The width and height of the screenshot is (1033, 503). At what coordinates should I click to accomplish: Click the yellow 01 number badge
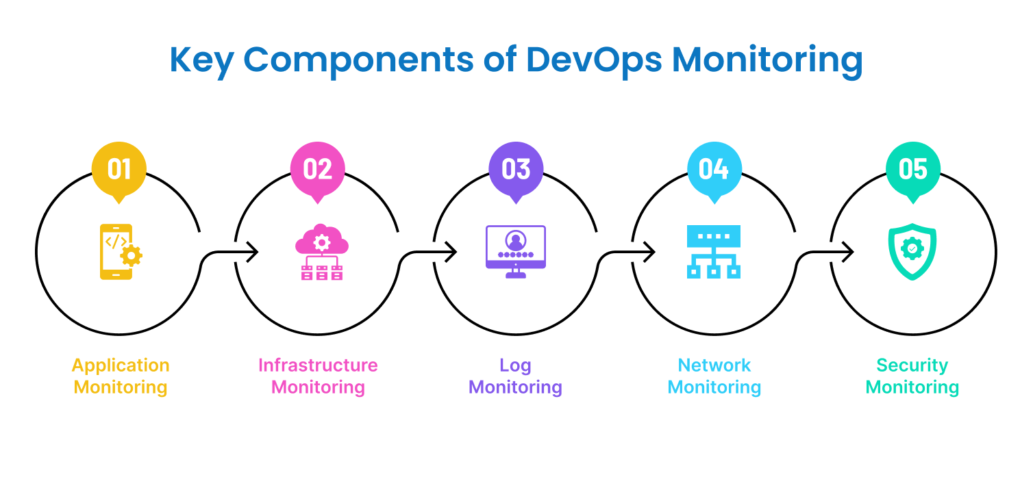(119, 169)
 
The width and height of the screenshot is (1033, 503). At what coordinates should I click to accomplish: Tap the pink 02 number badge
(317, 169)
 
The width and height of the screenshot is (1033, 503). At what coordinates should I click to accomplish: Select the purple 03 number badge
(516, 169)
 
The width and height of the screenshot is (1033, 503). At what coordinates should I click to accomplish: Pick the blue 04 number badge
(714, 169)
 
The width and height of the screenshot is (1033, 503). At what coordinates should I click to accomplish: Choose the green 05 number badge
(912, 169)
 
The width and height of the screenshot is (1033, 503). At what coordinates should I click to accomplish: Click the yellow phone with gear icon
(120, 252)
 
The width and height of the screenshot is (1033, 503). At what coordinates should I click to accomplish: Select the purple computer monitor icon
(516, 251)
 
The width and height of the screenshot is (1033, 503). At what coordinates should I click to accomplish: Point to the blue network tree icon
(714, 251)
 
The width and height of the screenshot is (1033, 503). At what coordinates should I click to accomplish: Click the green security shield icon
(912, 251)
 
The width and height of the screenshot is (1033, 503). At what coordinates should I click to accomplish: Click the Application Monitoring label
(121, 376)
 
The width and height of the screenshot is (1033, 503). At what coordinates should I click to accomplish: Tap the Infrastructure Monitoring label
(318, 376)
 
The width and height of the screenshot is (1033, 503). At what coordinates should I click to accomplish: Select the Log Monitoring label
(516, 376)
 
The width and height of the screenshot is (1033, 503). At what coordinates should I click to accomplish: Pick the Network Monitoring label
(714, 376)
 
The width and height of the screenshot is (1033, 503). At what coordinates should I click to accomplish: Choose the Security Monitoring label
(912, 376)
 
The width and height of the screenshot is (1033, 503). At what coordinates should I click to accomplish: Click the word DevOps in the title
(594, 60)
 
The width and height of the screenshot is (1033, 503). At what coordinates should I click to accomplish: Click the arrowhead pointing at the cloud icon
(253, 252)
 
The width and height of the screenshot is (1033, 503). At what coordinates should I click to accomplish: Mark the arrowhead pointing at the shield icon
(849, 252)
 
